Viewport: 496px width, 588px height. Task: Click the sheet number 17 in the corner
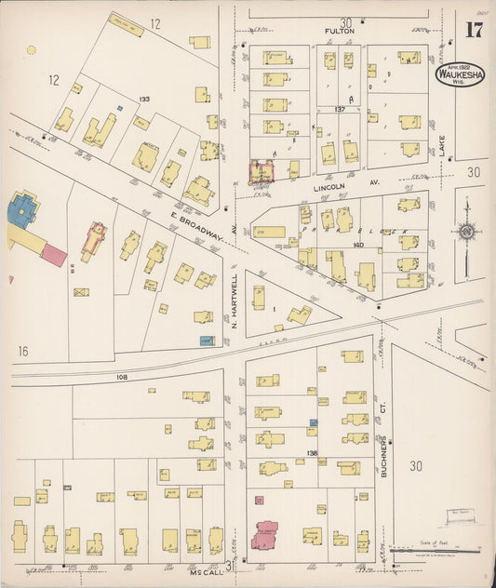tap(473, 29)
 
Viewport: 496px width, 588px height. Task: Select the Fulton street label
tap(340, 32)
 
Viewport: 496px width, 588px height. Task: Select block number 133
tap(144, 99)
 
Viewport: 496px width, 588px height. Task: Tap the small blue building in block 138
tap(314, 423)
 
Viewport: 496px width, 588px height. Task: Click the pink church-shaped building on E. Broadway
tap(94, 239)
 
